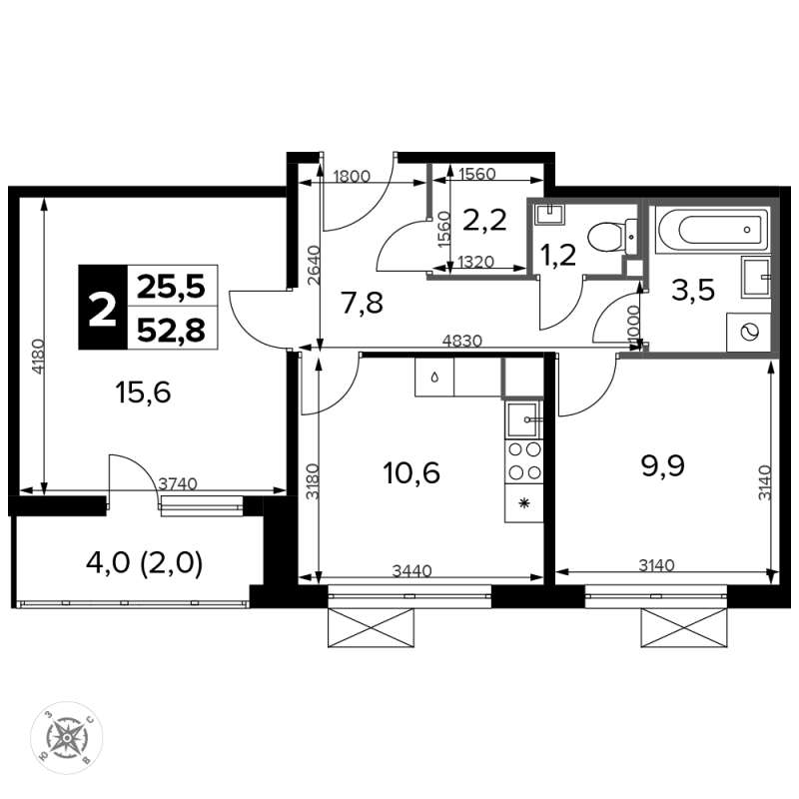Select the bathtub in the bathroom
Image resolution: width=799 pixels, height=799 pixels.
(713, 230)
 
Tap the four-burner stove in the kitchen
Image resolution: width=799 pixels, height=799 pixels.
(524, 461)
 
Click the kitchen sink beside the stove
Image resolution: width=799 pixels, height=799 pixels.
(524, 419)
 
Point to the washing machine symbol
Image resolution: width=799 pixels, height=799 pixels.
(748, 333)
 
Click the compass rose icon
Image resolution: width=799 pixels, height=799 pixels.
(67, 737)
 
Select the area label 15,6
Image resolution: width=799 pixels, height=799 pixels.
(143, 393)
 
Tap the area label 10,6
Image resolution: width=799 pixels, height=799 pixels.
(411, 472)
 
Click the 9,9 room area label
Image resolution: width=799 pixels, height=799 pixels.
(663, 465)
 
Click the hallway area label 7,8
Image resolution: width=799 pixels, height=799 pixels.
(362, 304)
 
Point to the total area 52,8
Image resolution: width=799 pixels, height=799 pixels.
(171, 330)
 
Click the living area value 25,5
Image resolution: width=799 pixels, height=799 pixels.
(171, 287)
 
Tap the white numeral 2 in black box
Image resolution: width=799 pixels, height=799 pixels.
(103, 309)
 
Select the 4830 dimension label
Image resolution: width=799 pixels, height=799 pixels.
(461, 341)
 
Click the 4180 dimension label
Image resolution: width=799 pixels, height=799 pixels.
(38, 358)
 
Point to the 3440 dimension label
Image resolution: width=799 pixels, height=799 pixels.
(411, 570)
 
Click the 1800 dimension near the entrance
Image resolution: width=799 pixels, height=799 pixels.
(352, 177)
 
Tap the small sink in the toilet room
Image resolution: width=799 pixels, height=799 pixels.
(550, 214)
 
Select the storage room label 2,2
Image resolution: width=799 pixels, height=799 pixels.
(484, 220)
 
